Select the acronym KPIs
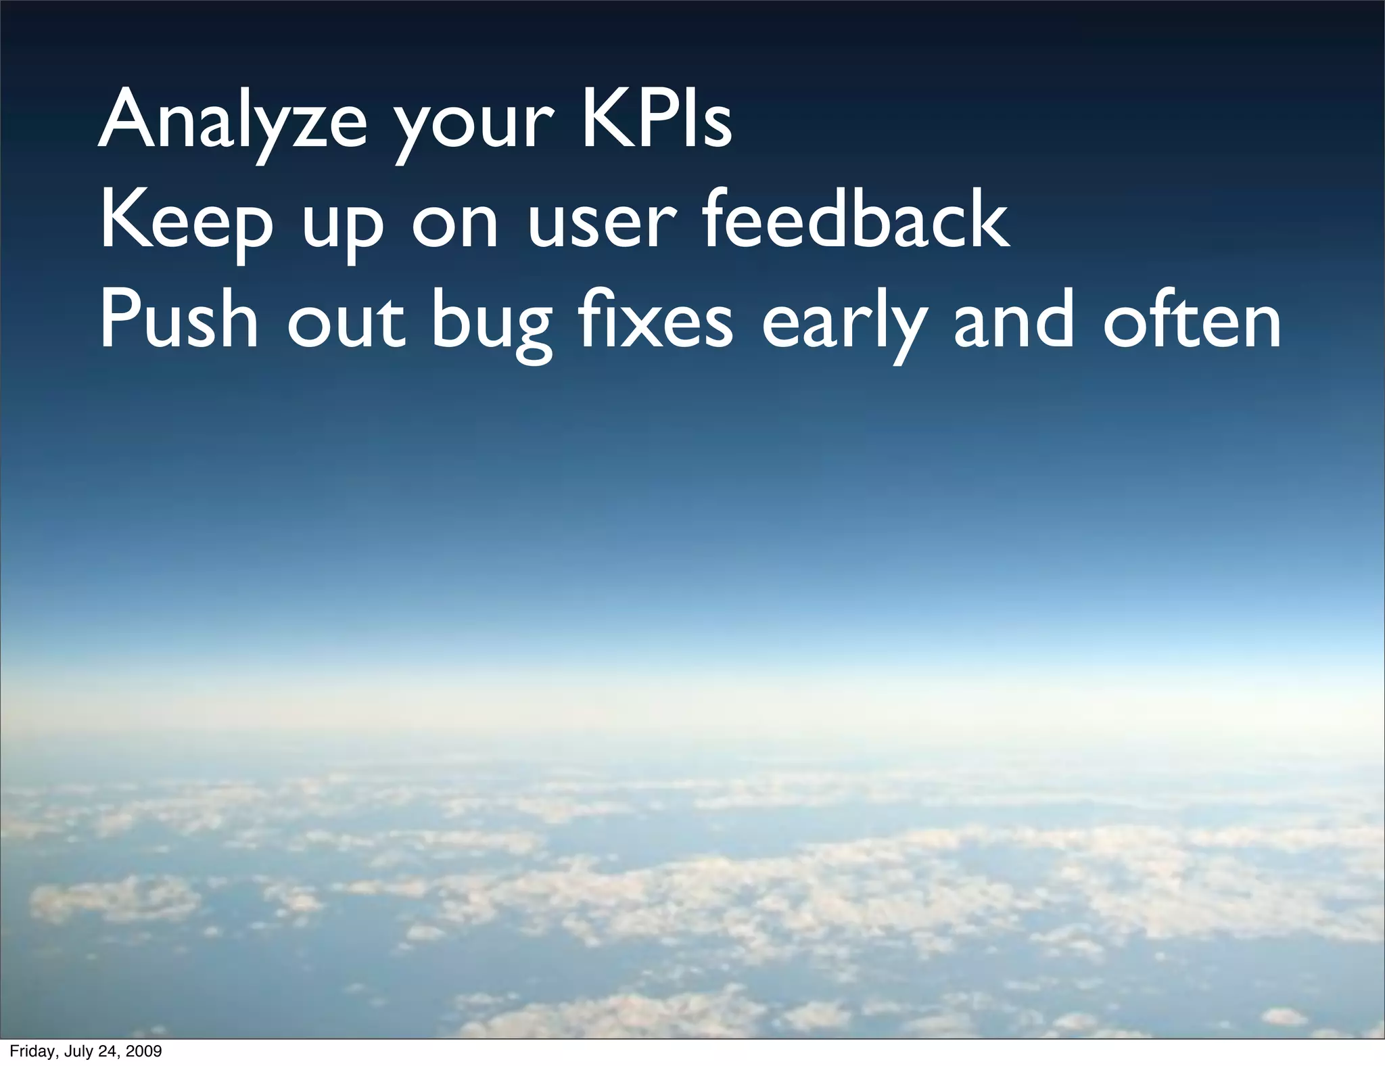coord(656,120)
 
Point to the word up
coord(342,230)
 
